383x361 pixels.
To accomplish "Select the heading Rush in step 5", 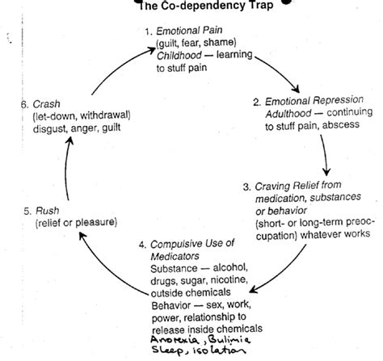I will (26, 209).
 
